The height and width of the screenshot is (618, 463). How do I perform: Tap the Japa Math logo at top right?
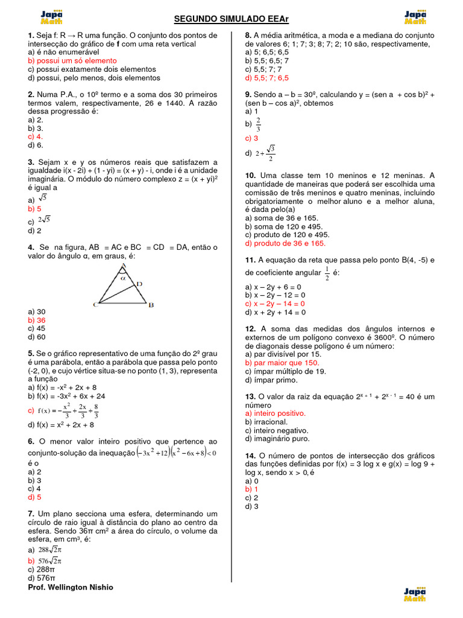point(415,17)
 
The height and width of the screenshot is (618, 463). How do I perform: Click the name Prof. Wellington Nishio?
point(71,587)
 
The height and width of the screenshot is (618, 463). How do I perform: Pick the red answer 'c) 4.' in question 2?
point(36,136)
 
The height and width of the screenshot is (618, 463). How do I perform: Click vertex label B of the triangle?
point(151,305)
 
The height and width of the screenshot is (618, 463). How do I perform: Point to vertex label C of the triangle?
point(95,305)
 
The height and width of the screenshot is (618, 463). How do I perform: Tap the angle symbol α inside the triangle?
point(122,278)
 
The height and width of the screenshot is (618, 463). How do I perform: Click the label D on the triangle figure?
point(139,284)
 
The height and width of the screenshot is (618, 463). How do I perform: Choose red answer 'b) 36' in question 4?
point(37,320)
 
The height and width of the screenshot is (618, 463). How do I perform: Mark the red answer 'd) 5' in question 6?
point(34,497)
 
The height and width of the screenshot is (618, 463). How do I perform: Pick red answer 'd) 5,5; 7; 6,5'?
point(267,78)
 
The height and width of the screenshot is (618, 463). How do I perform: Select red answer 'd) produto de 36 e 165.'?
point(285,243)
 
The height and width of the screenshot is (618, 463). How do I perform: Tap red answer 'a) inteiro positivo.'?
point(276,413)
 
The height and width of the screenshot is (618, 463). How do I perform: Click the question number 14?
point(250,456)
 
